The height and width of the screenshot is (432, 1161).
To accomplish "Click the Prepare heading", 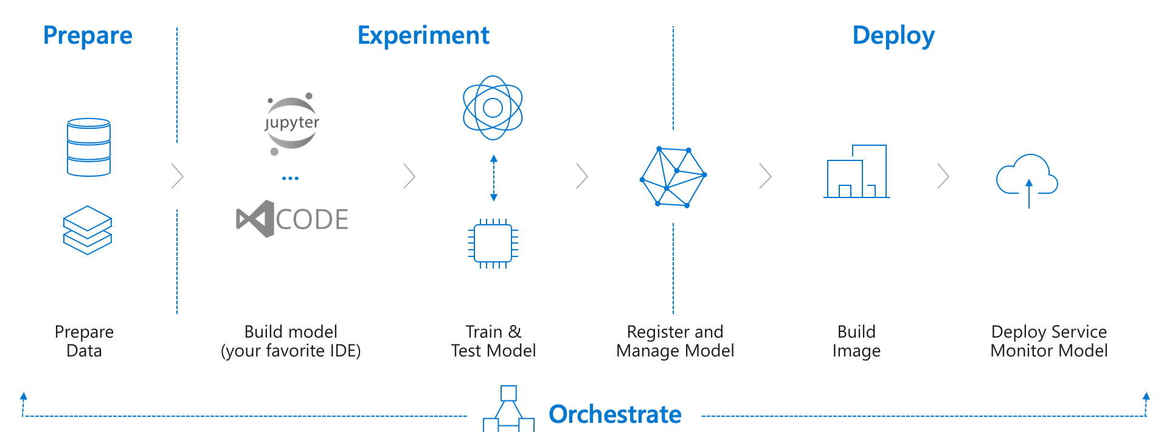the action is (88, 35).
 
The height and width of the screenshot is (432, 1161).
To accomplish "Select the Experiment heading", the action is (423, 35).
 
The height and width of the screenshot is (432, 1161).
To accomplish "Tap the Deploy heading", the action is (893, 36).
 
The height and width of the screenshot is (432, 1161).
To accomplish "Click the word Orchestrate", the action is (615, 414).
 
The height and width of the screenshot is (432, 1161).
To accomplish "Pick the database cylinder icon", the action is (89, 147).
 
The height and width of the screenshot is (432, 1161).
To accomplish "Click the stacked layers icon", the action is (88, 230).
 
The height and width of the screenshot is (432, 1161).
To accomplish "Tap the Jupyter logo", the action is (292, 124).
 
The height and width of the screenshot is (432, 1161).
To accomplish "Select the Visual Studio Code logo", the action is (292, 219).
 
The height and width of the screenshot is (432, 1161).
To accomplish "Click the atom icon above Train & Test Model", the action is (493, 108).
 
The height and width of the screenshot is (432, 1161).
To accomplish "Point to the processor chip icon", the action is (493, 244).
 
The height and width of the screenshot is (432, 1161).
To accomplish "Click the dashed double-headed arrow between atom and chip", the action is (494, 178).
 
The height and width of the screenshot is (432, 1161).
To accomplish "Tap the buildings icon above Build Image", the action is (856, 171).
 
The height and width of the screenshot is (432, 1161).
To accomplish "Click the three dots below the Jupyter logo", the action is (290, 178).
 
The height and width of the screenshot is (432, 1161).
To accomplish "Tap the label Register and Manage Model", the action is (675, 341).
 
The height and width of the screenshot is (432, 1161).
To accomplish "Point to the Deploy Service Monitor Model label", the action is (1048, 341).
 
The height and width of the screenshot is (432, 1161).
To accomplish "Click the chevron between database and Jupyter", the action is (178, 176).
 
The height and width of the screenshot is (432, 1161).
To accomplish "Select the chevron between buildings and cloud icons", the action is (943, 176).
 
